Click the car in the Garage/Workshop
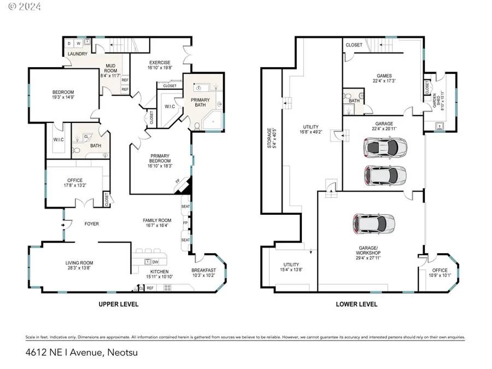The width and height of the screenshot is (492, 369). point(374,222)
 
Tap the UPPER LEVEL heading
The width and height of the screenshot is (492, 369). point(118,304)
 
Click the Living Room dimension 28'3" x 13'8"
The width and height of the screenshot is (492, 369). point(79,268)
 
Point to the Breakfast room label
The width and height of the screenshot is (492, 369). point(203,270)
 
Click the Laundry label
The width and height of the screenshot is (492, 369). point(78,54)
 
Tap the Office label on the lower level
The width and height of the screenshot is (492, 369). point(440,270)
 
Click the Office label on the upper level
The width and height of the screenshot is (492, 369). point(74,180)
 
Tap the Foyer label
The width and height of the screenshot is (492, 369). point(91,224)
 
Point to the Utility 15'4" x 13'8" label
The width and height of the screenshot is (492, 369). point(290,267)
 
